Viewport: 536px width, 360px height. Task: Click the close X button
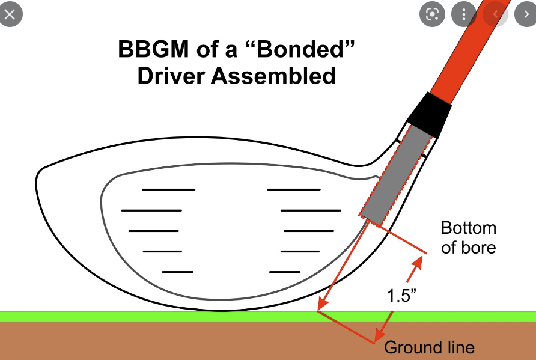point(10,14)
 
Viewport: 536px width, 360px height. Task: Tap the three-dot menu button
point(464,14)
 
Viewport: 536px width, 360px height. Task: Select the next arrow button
point(526,14)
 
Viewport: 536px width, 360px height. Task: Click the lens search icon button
point(433,14)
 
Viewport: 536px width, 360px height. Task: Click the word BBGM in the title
point(153,49)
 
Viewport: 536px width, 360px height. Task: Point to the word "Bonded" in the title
point(300,49)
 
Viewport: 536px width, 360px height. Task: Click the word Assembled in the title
point(273,76)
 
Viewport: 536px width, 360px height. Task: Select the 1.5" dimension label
point(401,295)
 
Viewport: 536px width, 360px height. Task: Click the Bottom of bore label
point(468,237)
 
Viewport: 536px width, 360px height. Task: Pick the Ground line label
point(429,347)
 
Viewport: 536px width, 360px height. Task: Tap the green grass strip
point(268,316)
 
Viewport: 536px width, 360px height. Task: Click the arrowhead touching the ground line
point(323,304)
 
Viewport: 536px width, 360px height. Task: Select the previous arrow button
point(495,14)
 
